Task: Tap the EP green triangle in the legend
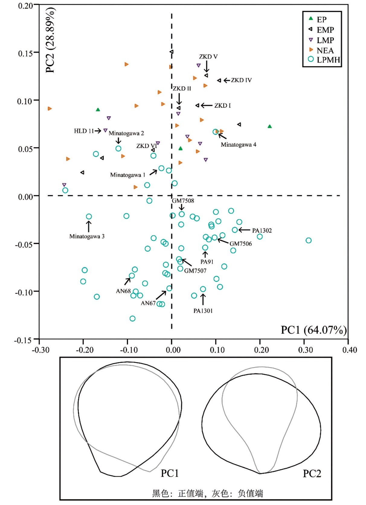311,19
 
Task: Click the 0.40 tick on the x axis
349,350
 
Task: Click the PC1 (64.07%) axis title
313,330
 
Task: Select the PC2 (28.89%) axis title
50,41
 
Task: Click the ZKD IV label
241,80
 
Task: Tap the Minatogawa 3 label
87,236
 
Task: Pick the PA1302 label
262,231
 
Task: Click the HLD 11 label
84,131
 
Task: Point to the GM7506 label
240,244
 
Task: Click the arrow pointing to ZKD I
207,105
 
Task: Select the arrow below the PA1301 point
203,299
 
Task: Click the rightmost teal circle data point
308,241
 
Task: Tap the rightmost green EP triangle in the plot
270,126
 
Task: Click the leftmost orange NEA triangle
50,109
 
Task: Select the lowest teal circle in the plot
132,318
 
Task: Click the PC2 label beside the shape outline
312,474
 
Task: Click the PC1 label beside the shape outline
169,473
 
